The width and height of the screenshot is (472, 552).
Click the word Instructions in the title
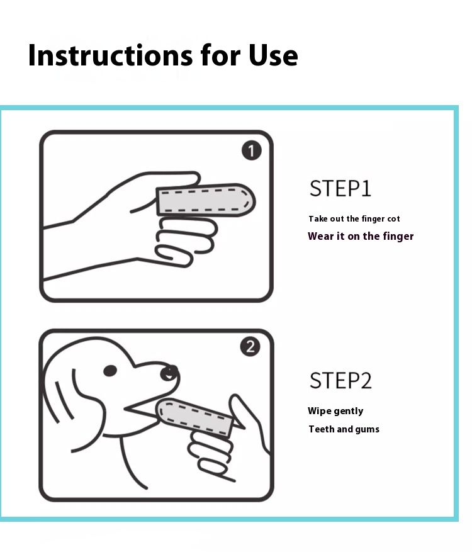point(110,55)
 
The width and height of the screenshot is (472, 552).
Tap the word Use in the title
point(273,55)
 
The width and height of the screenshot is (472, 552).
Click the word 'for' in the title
point(220,55)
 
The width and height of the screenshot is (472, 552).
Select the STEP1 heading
point(340,188)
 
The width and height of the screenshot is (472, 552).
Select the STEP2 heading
point(340,381)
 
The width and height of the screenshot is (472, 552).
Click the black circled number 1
point(251,150)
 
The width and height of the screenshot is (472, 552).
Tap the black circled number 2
point(250,347)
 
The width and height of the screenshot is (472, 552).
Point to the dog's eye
point(110,371)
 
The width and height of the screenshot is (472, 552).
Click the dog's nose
point(169,373)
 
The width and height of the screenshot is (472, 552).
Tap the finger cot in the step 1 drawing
point(206,200)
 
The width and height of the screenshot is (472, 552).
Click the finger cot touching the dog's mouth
point(194,418)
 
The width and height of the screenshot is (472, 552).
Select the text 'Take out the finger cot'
point(354,219)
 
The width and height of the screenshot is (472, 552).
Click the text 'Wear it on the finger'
point(361,236)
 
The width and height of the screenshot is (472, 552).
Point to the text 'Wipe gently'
point(335,411)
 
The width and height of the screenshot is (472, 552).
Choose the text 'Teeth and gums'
point(344,429)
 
